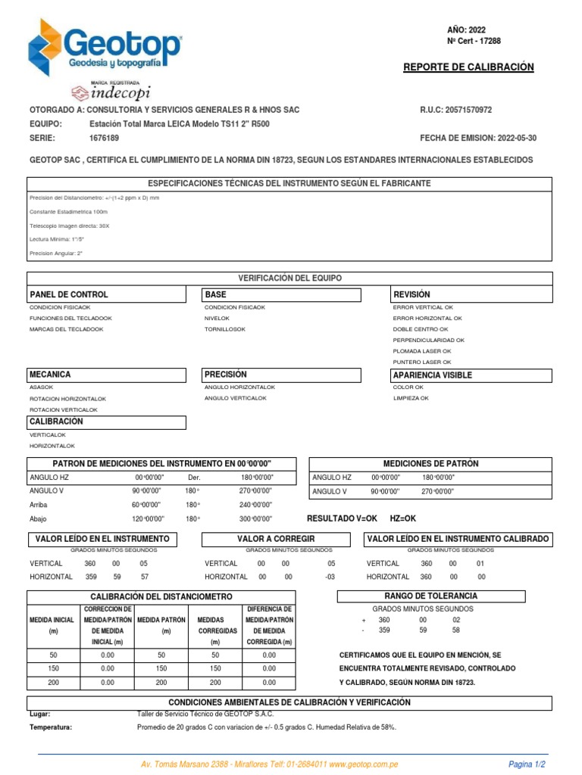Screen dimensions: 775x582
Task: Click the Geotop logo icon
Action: (x=46, y=48)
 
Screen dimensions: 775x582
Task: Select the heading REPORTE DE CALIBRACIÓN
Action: (x=468, y=67)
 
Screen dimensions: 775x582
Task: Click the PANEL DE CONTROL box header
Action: (x=69, y=294)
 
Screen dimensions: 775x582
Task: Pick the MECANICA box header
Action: (x=50, y=375)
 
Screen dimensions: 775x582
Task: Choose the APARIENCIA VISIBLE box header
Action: (x=433, y=375)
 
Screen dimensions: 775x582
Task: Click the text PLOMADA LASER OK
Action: (x=421, y=351)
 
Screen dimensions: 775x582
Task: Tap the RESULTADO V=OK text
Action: (x=341, y=518)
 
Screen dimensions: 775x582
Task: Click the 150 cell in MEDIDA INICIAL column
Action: (x=53, y=668)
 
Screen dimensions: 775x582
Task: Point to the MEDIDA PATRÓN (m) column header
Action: (x=161, y=625)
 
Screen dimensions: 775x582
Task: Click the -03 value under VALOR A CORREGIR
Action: (x=330, y=577)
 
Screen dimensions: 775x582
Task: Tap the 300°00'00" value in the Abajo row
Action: (x=256, y=518)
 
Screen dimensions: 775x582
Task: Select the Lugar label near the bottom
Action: (x=40, y=714)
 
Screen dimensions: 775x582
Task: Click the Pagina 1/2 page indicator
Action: (x=527, y=764)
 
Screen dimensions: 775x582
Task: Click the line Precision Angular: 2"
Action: (x=56, y=253)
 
